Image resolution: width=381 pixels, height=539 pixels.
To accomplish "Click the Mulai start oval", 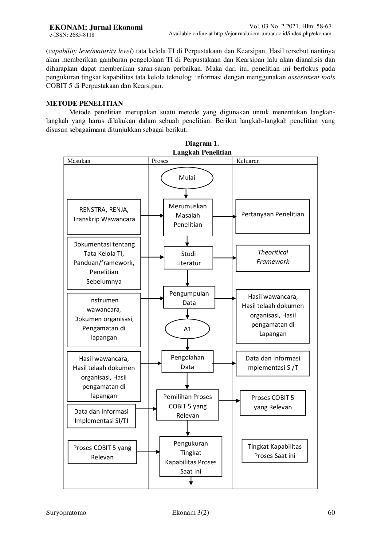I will pyautogui.click(x=187, y=178).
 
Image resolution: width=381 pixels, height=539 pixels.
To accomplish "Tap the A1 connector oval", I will pyautogui.click(x=187, y=329).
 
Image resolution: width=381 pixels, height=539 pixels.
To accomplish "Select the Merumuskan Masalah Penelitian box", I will pyautogui.click(x=188, y=216).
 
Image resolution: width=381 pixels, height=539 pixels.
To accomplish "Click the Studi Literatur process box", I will pyautogui.click(x=188, y=258).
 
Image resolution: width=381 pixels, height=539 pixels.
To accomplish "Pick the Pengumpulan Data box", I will pyautogui.click(x=189, y=298).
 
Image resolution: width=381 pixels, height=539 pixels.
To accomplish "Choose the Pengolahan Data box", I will pyautogui.click(x=187, y=362).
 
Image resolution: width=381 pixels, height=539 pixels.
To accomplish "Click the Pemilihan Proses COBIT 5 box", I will pyautogui.click(x=188, y=406).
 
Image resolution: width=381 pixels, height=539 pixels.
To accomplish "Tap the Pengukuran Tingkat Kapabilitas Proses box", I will pyautogui.click(x=190, y=457).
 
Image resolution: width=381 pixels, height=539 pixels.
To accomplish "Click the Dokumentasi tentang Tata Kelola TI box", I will pyautogui.click(x=104, y=263).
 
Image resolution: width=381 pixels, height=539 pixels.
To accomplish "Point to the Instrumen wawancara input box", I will pyautogui.click(x=104, y=319).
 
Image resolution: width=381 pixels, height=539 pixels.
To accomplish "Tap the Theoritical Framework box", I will pyautogui.click(x=273, y=258).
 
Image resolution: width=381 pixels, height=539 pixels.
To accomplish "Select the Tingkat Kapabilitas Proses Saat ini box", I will pyautogui.click(x=275, y=451).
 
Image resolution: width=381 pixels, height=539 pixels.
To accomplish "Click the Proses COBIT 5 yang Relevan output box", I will pyautogui.click(x=273, y=403).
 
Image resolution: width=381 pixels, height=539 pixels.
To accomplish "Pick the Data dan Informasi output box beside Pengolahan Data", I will pyautogui.click(x=273, y=363).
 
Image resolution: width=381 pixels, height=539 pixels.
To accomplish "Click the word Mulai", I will pyautogui.click(x=187, y=178).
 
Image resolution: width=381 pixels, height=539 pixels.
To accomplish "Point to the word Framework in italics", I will pyautogui.click(x=273, y=262).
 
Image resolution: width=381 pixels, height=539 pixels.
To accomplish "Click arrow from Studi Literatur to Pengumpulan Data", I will pyautogui.click(x=187, y=278).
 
